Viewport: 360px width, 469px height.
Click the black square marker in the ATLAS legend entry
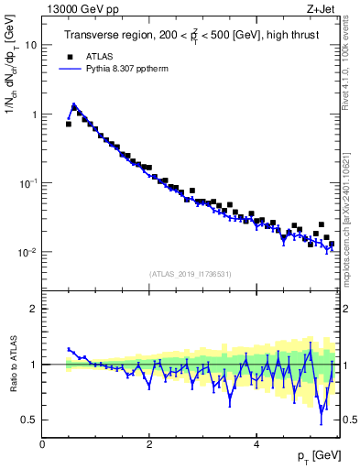click(x=69, y=54)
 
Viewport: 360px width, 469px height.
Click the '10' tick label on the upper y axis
click(x=31, y=45)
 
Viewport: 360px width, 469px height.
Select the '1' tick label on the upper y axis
click(x=34, y=115)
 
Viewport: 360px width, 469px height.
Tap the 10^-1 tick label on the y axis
click(x=28, y=182)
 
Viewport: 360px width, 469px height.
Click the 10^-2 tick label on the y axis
click(x=28, y=252)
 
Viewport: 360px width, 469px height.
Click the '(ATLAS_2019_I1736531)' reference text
click(x=191, y=274)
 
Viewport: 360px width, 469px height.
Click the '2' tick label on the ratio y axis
click(x=34, y=309)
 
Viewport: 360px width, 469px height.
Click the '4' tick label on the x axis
click(x=256, y=443)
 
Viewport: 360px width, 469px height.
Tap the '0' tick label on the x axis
click(x=42, y=443)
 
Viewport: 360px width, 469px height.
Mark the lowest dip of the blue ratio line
click(x=322, y=422)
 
